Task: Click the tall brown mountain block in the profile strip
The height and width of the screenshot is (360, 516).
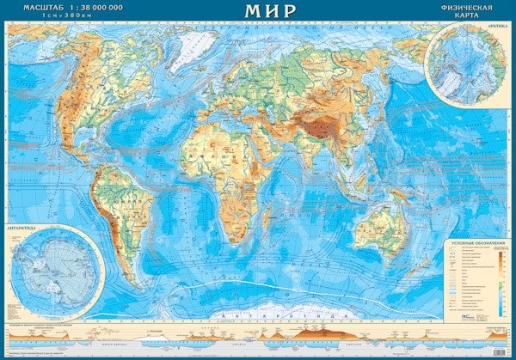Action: coord(310,333)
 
